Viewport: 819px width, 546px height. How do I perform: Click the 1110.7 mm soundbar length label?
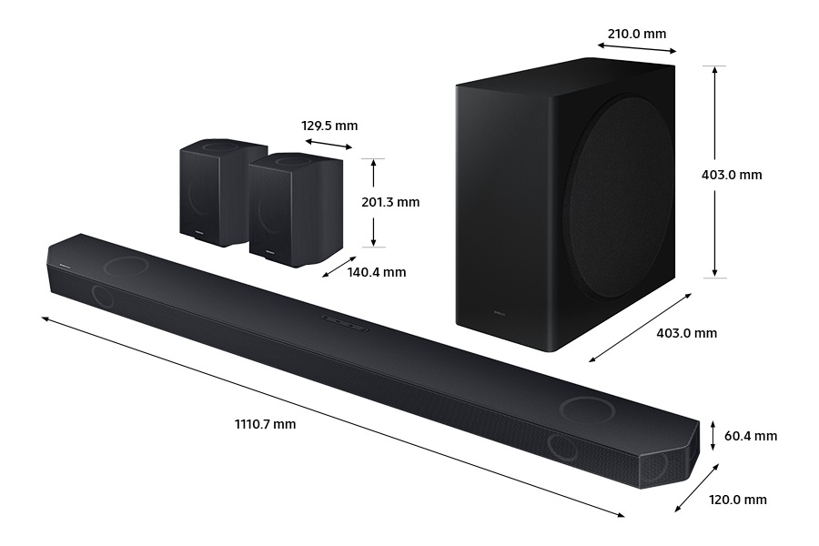coord(265,424)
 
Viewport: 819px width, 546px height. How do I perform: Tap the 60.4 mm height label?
coord(751,436)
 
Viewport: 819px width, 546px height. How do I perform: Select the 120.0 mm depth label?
coord(738,500)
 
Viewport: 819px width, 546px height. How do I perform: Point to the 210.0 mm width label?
coord(637,35)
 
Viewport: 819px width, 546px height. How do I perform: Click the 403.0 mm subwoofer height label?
coord(738,175)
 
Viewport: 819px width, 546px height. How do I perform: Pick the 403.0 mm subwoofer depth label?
coord(686,333)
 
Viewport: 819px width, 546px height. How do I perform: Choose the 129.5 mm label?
coord(329,126)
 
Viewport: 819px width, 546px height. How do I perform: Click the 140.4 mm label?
coord(377,272)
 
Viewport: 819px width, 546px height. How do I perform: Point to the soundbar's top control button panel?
coord(344,321)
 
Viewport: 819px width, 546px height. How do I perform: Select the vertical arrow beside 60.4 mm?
coord(713,436)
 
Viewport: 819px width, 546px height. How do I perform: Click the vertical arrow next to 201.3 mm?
coord(373,202)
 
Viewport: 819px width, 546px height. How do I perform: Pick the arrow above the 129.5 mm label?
coord(329,145)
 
